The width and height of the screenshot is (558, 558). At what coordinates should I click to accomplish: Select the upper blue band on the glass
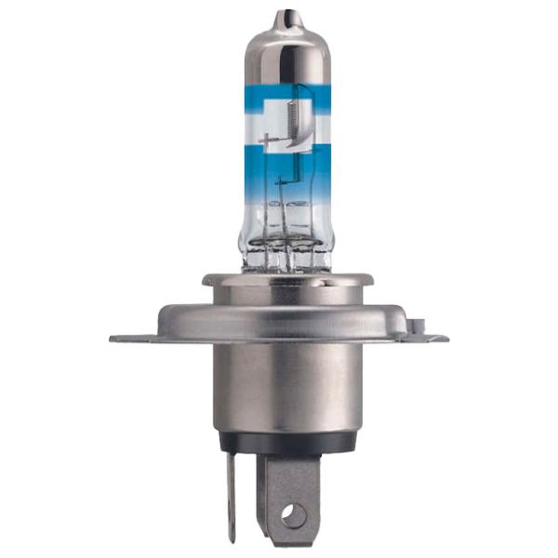[x=287, y=95]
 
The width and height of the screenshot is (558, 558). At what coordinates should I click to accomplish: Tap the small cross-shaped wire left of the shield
[x=272, y=141]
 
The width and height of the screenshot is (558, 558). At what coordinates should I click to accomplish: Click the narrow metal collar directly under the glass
[x=287, y=279]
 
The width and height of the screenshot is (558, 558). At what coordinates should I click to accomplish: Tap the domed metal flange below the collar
[x=287, y=312]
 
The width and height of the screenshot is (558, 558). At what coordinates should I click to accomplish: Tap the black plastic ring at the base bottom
[x=287, y=443]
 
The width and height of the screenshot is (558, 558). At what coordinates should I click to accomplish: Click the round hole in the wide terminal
[x=295, y=511]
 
